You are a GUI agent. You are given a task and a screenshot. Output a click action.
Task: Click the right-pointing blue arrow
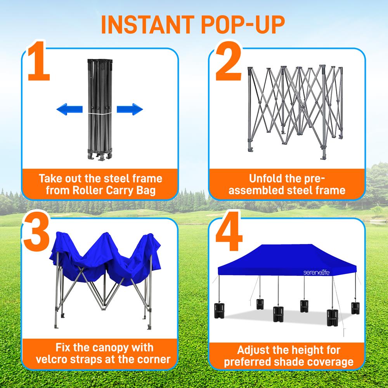click(x=130, y=110)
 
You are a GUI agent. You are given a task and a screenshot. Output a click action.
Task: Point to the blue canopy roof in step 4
click(x=287, y=258)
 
